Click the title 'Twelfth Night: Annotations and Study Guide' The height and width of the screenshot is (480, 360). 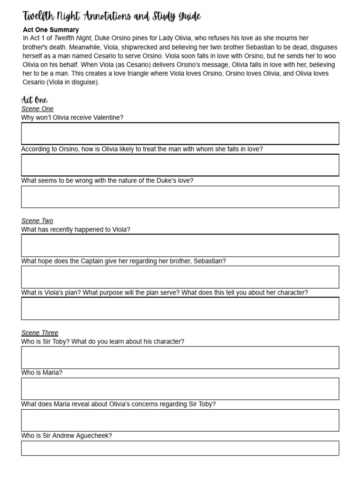112,17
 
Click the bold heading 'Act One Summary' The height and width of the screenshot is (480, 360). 51,30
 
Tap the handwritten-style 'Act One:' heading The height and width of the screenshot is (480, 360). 35,100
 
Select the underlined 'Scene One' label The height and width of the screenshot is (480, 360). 37,109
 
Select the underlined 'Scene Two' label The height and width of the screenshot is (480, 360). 37,221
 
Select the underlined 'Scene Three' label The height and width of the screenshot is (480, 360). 39,333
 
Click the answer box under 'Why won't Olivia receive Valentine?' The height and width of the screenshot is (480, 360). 180,134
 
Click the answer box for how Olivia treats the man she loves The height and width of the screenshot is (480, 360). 180,165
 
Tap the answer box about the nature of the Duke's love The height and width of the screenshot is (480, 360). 180,197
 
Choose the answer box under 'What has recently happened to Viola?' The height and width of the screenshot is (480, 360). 180,246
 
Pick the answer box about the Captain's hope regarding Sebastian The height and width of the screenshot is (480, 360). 180,277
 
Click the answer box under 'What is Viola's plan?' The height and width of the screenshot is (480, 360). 180,308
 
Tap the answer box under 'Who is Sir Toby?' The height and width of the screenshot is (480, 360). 180,358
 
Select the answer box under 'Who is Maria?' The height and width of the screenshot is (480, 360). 180,389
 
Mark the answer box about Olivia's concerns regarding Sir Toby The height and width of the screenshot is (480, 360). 180,420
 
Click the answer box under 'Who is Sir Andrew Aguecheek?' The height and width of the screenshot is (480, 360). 180,448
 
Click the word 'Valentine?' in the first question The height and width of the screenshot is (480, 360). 108,118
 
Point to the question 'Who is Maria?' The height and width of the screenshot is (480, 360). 42,373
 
